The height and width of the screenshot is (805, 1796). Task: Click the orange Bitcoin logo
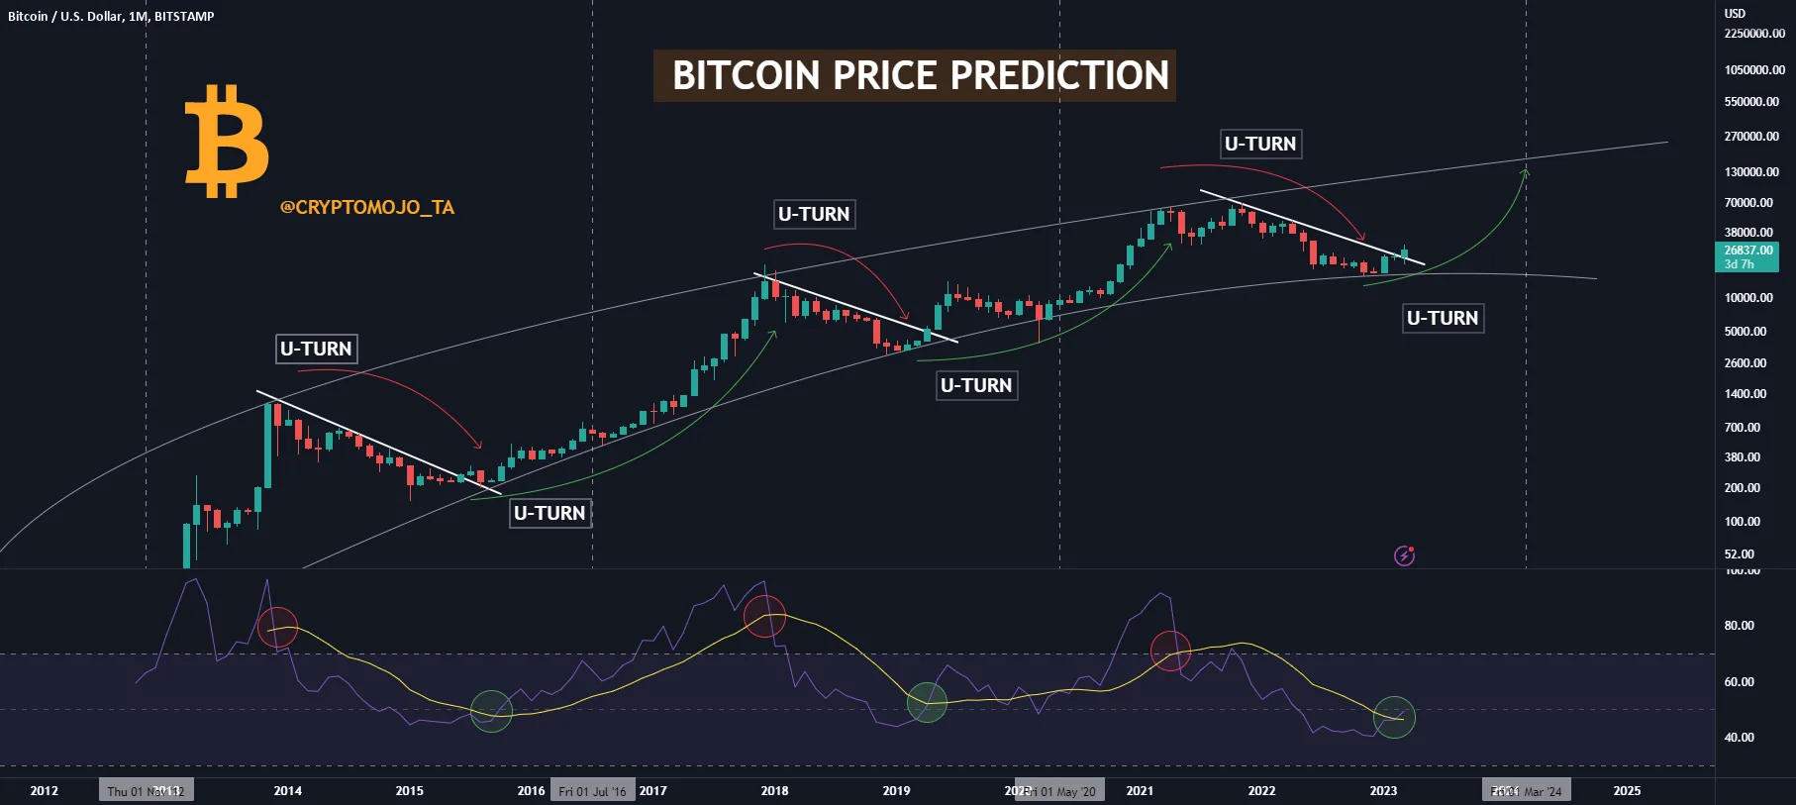pos(226,142)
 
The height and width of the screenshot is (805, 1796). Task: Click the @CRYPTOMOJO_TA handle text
pos(367,208)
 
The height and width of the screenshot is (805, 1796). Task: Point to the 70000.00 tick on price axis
pos(1748,202)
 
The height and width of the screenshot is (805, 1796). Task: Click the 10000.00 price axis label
pos(1748,298)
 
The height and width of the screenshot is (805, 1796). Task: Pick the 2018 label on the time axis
pos(774,790)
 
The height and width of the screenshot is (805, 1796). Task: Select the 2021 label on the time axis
pos(1140,790)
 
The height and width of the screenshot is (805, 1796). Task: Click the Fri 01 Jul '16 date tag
pos(592,791)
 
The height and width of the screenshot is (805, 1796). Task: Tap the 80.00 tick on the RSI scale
pos(1739,626)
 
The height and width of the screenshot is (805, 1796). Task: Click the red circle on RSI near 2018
pos(764,616)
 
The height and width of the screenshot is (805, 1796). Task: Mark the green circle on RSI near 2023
pos(1394,717)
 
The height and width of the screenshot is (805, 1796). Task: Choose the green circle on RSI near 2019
pos(927,702)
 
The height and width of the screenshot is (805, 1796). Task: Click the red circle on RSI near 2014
pos(277,628)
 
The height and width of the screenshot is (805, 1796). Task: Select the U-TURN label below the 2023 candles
pos(1443,318)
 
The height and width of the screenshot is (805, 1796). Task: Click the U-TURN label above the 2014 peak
pos(316,349)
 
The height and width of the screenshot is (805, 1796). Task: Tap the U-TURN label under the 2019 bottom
pos(976,385)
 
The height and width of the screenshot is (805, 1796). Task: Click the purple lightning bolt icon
pos(1404,555)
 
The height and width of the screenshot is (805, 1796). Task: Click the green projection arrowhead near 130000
pos(1526,173)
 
